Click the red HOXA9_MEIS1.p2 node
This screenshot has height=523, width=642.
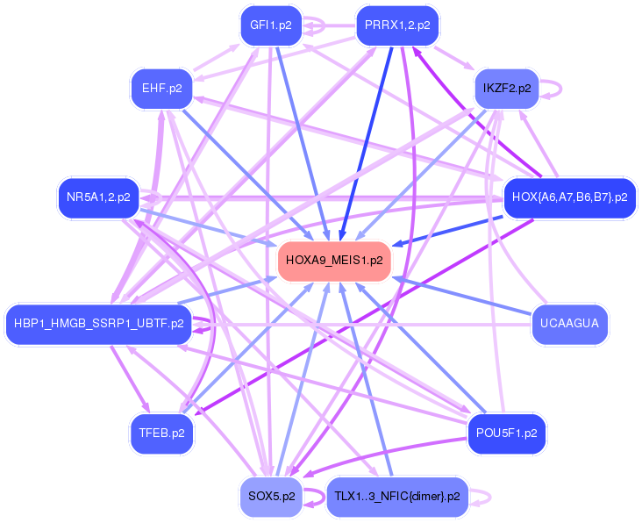click(x=334, y=261)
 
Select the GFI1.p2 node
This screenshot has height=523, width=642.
click(x=270, y=25)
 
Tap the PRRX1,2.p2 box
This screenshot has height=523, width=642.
click(x=397, y=25)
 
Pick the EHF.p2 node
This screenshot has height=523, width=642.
click(x=161, y=88)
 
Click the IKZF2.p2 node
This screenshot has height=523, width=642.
click(x=506, y=89)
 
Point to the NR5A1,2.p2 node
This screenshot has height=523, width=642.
click(x=97, y=197)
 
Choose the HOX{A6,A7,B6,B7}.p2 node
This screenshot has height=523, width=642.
click(x=569, y=197)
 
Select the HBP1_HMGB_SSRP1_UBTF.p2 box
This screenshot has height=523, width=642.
click(x=98, y=324)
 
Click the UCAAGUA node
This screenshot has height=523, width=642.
click(x=570, y=324)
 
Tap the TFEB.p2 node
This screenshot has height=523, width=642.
click(x=161, y=433)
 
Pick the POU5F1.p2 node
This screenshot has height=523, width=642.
click(x=506, y=433)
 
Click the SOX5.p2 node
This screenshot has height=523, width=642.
click(x=270, y=496)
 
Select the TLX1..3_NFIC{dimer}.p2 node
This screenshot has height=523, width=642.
click(x=396, y=497)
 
